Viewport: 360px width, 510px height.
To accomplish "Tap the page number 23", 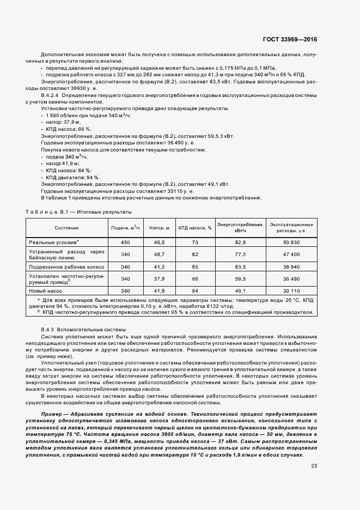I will [314, 465].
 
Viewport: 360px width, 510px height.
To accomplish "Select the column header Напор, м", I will [160, 227].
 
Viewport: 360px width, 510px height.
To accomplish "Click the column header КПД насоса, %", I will [194, 227].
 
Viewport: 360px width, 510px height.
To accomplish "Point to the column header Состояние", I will [66, 227].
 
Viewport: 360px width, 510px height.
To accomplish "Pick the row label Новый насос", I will [46, 291].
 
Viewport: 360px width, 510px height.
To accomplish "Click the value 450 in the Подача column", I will [125, 241].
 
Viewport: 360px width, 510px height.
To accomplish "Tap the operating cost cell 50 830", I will [291, 241].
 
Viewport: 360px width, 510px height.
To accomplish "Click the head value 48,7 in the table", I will [159, 254].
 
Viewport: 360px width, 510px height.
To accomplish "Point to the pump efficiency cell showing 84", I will [194, 291].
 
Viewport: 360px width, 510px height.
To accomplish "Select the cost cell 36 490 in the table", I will [291, 279].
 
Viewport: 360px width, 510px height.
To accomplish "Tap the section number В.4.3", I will [50, 330].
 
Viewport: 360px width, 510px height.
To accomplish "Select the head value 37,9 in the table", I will [159, 279].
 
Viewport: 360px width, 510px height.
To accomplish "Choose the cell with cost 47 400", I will [291, 254].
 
